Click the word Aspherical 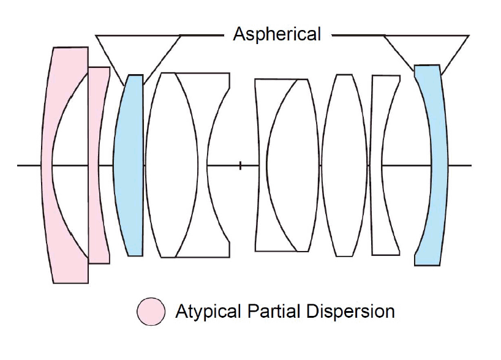pos(277,34)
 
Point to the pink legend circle pos(151,311)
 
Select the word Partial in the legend pos(265,311)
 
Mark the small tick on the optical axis pos(240,165)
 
